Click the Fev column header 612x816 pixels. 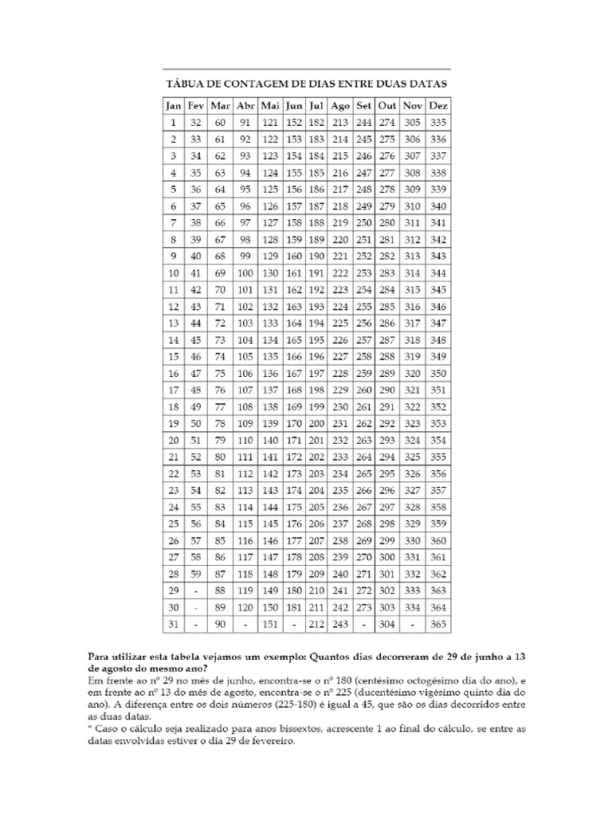pos(196,105)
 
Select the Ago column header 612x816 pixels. pos(340,105)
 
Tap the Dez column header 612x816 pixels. pos(437,105)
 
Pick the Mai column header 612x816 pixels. pos(270,105)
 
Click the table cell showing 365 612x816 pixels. pos(437,624)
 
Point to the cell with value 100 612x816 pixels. pos(245,273)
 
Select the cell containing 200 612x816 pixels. pos(316,423)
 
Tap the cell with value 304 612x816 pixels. pos(387,624)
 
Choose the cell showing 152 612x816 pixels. pos(294,123)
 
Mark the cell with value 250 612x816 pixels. pos(364,223)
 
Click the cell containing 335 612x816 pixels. pos(437,123)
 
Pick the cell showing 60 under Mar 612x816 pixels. pos(221,123)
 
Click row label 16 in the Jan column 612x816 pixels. pos(173,373)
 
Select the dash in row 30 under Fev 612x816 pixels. pos(196,607)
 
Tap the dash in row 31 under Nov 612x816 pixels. pos(413,624)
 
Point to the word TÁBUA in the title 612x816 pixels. pos(184,84)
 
